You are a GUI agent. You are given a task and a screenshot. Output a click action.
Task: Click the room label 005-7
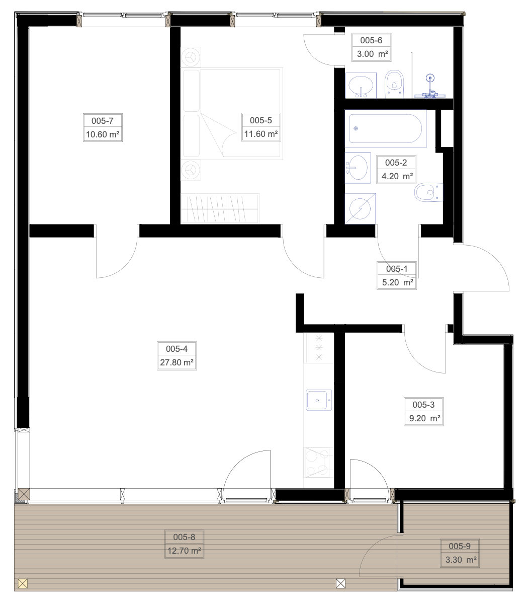tap(103, 121)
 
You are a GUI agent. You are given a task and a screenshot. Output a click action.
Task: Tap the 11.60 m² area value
tap(261, 134)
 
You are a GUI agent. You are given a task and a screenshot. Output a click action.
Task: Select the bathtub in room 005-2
tap(386, 129)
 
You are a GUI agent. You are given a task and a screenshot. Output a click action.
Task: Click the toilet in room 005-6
tap(394, 84)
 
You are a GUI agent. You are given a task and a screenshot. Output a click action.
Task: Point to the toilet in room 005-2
tap(428, 192)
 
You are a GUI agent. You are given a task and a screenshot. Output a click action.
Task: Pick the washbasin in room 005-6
tap(361, 86)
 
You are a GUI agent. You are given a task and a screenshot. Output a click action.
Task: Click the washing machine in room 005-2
tap(360, 209)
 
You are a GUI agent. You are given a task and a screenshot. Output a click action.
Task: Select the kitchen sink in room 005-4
tap(319, 400)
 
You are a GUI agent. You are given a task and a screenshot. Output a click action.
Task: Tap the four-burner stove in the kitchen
tap(319, 463)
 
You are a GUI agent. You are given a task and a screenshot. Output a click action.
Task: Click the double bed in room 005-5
tap(232, 114)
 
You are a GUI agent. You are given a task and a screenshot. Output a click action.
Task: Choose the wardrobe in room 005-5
tap(220, 208)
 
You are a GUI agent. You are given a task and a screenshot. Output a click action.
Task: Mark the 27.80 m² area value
tap(177, 362)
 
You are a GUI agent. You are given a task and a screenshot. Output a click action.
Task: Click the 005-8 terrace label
tap(184, 537)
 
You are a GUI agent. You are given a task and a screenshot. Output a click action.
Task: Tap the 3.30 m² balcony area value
tap(461, 560)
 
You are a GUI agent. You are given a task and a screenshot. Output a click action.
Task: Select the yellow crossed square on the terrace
tap(23, 584)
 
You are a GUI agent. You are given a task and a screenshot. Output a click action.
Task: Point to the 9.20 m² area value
tap(424, 418)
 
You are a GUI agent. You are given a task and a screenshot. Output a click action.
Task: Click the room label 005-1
tap(397, 269)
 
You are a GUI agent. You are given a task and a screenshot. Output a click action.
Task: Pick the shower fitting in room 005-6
tap(430, 88)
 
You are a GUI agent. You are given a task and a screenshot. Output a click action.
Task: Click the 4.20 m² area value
tap(397, 176)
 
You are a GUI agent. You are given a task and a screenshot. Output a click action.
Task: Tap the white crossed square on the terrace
tap(340, 584)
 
